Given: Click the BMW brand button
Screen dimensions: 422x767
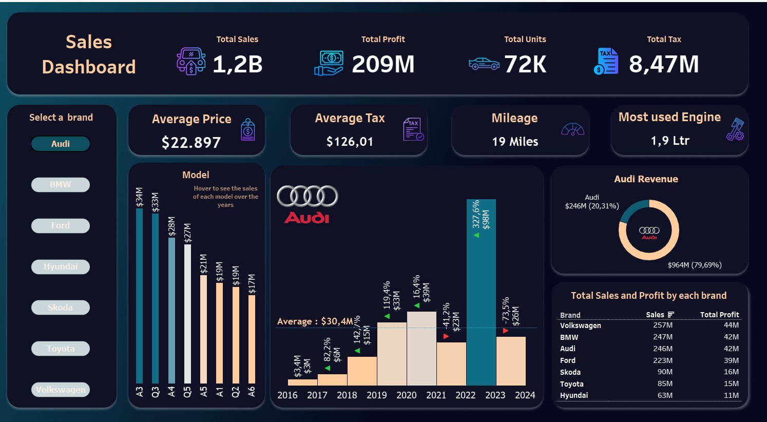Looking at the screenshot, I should click(61, 185).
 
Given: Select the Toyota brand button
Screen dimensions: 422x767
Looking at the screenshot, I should click(61, 349).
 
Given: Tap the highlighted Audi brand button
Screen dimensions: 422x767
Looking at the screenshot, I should click(61, 144).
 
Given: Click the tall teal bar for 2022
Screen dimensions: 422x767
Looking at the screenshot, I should click(481, 293).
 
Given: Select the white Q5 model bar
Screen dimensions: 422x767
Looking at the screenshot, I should click(187, 313).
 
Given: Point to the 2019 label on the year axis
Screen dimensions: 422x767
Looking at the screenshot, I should click(377, 395).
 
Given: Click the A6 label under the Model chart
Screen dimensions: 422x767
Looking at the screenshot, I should click(252, 392).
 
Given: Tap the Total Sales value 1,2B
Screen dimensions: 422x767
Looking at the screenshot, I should click(238, 64).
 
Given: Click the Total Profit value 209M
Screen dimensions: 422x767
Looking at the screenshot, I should click(383, 64).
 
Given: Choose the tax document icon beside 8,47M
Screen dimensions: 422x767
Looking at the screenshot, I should click(607, 62).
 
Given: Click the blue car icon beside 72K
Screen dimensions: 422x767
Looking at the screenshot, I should click(484, 64).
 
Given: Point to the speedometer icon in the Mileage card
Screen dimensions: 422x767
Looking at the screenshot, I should click(573, 129).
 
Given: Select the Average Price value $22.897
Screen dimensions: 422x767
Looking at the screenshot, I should click(191, 142).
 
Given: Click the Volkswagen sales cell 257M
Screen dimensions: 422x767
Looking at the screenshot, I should click(663, 325).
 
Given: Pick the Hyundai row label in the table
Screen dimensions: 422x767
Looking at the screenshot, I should click(574, 395).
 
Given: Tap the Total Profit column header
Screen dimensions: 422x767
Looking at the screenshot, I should click(719, 315).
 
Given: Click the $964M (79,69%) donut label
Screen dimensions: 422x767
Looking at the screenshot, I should click(695, 265).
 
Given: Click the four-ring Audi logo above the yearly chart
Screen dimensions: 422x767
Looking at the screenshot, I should click(307, 196).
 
